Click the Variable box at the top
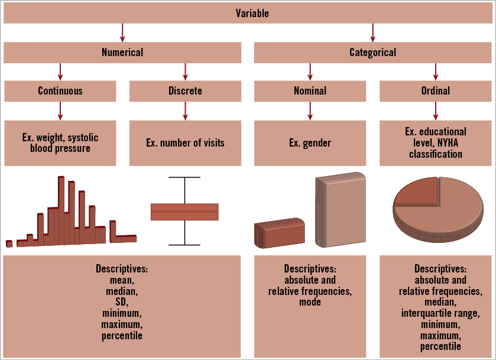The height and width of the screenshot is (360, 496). click(248, 13)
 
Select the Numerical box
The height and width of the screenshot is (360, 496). click(122, 52)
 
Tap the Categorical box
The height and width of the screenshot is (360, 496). click(372, 52)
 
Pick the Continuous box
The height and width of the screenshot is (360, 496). click(60, 90)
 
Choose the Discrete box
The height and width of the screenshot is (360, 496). click(185, 90)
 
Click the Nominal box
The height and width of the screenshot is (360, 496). click(310, 90)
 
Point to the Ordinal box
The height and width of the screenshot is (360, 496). click(436, 90)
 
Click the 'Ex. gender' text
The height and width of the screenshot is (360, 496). click(310, 142)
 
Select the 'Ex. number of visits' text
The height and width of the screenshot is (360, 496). click(185, 142)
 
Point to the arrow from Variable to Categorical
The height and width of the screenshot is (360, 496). click(372, 33)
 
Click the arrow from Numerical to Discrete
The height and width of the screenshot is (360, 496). click(185, 71)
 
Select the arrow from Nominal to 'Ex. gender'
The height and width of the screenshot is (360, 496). click(310, 110)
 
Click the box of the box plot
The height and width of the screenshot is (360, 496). click(185, 211)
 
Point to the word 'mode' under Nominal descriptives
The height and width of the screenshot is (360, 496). click(310, 302)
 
